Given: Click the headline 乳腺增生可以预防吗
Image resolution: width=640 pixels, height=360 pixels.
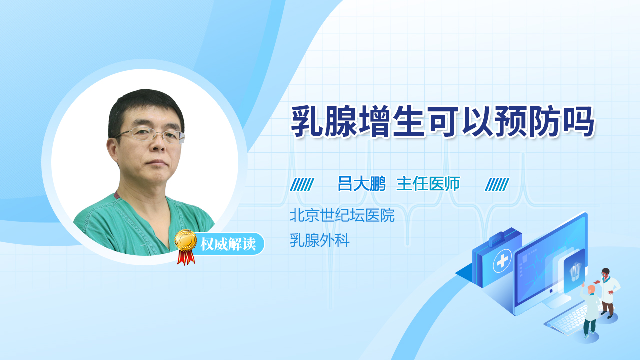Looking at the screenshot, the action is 442,121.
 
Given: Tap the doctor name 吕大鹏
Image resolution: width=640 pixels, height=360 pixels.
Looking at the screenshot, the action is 361,183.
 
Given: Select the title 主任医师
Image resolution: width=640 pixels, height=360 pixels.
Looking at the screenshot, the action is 428,183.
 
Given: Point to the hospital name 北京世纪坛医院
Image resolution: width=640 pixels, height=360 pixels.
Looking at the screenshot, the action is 342,215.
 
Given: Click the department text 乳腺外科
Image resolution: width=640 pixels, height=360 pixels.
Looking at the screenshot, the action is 319,240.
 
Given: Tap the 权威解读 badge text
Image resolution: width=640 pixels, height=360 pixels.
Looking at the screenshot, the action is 228,244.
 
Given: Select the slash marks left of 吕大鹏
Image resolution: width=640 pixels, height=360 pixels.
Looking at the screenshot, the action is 302,184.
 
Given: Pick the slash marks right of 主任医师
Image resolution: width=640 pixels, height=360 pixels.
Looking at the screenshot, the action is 497,184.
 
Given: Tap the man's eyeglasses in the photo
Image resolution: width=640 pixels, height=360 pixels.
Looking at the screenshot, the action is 151,135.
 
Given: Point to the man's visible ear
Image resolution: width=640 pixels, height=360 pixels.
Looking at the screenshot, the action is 113,150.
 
